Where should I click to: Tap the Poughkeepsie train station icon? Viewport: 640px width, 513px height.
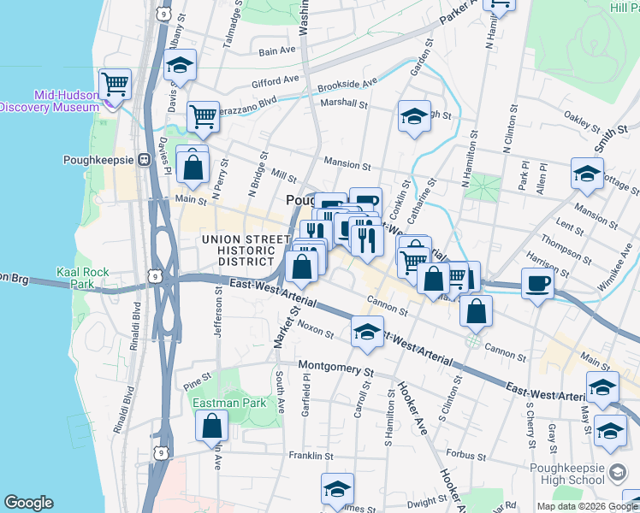pos(144,159)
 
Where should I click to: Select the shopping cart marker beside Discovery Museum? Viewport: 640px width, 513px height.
pos(115,84)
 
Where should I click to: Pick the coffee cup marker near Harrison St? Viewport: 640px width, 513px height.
pos(537,283)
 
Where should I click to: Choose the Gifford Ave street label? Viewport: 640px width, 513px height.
pos(275,83)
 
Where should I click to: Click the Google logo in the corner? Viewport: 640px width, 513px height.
pos(28,503)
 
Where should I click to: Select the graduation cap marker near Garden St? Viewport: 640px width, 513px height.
pos(414,117)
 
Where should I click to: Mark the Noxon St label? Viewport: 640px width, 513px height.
pos(315,328)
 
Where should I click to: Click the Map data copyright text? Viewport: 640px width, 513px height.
pos(587,506)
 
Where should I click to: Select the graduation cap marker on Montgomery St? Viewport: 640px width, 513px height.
pos(366,332)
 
